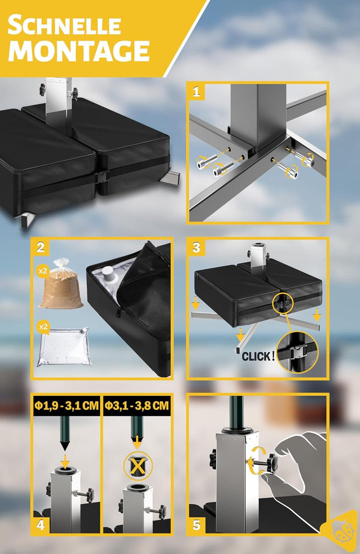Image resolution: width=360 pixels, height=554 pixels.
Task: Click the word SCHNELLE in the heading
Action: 64,25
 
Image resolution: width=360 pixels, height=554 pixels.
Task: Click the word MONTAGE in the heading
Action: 79,50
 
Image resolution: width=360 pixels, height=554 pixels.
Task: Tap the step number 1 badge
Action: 196,92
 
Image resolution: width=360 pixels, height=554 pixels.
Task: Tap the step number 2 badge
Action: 40,247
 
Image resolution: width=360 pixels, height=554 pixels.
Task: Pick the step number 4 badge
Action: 40,524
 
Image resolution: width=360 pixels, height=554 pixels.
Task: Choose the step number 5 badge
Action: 196,524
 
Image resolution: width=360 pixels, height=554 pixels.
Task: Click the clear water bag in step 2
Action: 64,347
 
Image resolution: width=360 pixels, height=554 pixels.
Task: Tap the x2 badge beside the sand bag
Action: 42,271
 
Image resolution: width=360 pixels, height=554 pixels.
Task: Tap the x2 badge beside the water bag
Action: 42,327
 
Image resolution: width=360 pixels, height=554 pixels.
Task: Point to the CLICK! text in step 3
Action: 258,356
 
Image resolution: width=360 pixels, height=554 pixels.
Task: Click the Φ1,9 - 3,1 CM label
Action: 66,405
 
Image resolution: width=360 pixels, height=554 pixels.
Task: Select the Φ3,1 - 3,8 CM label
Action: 136,405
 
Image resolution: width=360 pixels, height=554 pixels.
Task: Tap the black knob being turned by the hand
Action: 271,463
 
